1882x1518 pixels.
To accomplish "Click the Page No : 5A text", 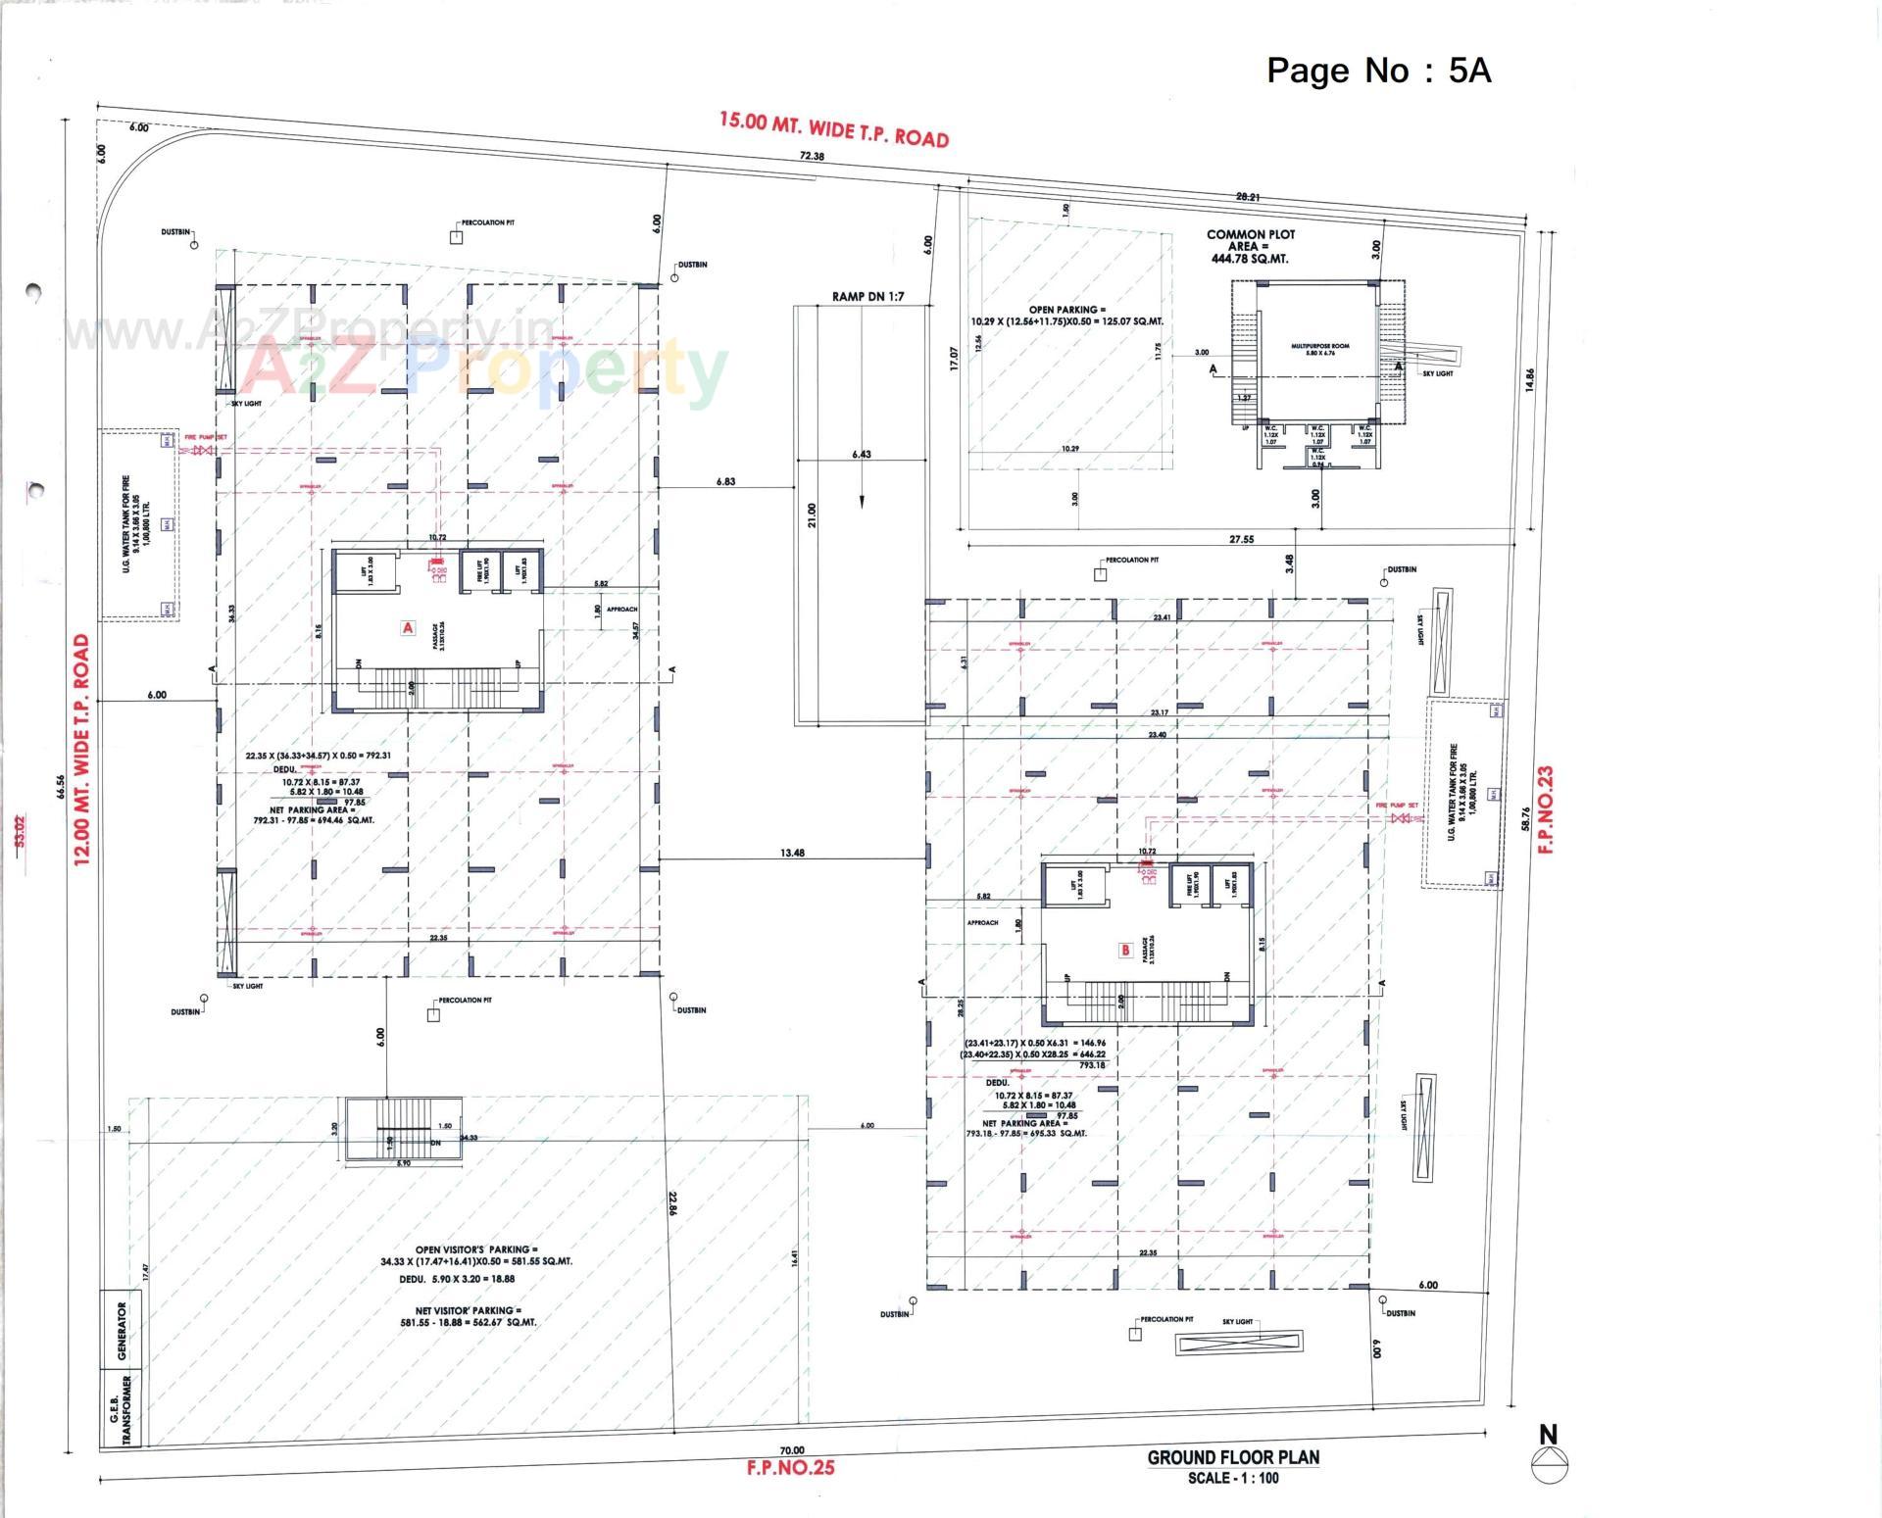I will [x=1378, y=70].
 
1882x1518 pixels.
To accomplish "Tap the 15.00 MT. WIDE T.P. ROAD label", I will [x=834, y=129].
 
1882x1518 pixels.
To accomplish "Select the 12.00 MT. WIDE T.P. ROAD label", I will [x=81, y=750].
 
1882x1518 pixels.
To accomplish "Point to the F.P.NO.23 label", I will [x=1546, y=808].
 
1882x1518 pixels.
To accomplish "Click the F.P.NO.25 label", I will [x=790, y=1468].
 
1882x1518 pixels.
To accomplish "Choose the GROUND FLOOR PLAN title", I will [x=1233, y=1457].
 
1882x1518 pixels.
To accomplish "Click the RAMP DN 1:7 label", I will [x=867, y=296].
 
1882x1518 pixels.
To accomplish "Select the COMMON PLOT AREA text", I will [x=1250, y=246].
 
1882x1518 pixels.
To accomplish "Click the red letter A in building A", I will [x=408, y=627].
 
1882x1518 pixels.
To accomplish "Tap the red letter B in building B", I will [x=1125, y=950].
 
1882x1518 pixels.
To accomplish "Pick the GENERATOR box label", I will [x=122, y=1331].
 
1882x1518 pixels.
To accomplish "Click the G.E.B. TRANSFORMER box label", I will [x=121, y=1408].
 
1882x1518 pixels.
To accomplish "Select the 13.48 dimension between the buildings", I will [x=792, y=853].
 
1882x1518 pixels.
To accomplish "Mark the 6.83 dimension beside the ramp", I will [x=725, y=481].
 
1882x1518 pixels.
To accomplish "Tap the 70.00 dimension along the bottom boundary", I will [x=792, y=1450].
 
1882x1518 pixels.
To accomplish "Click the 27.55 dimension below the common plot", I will [x=1241, y=539].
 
